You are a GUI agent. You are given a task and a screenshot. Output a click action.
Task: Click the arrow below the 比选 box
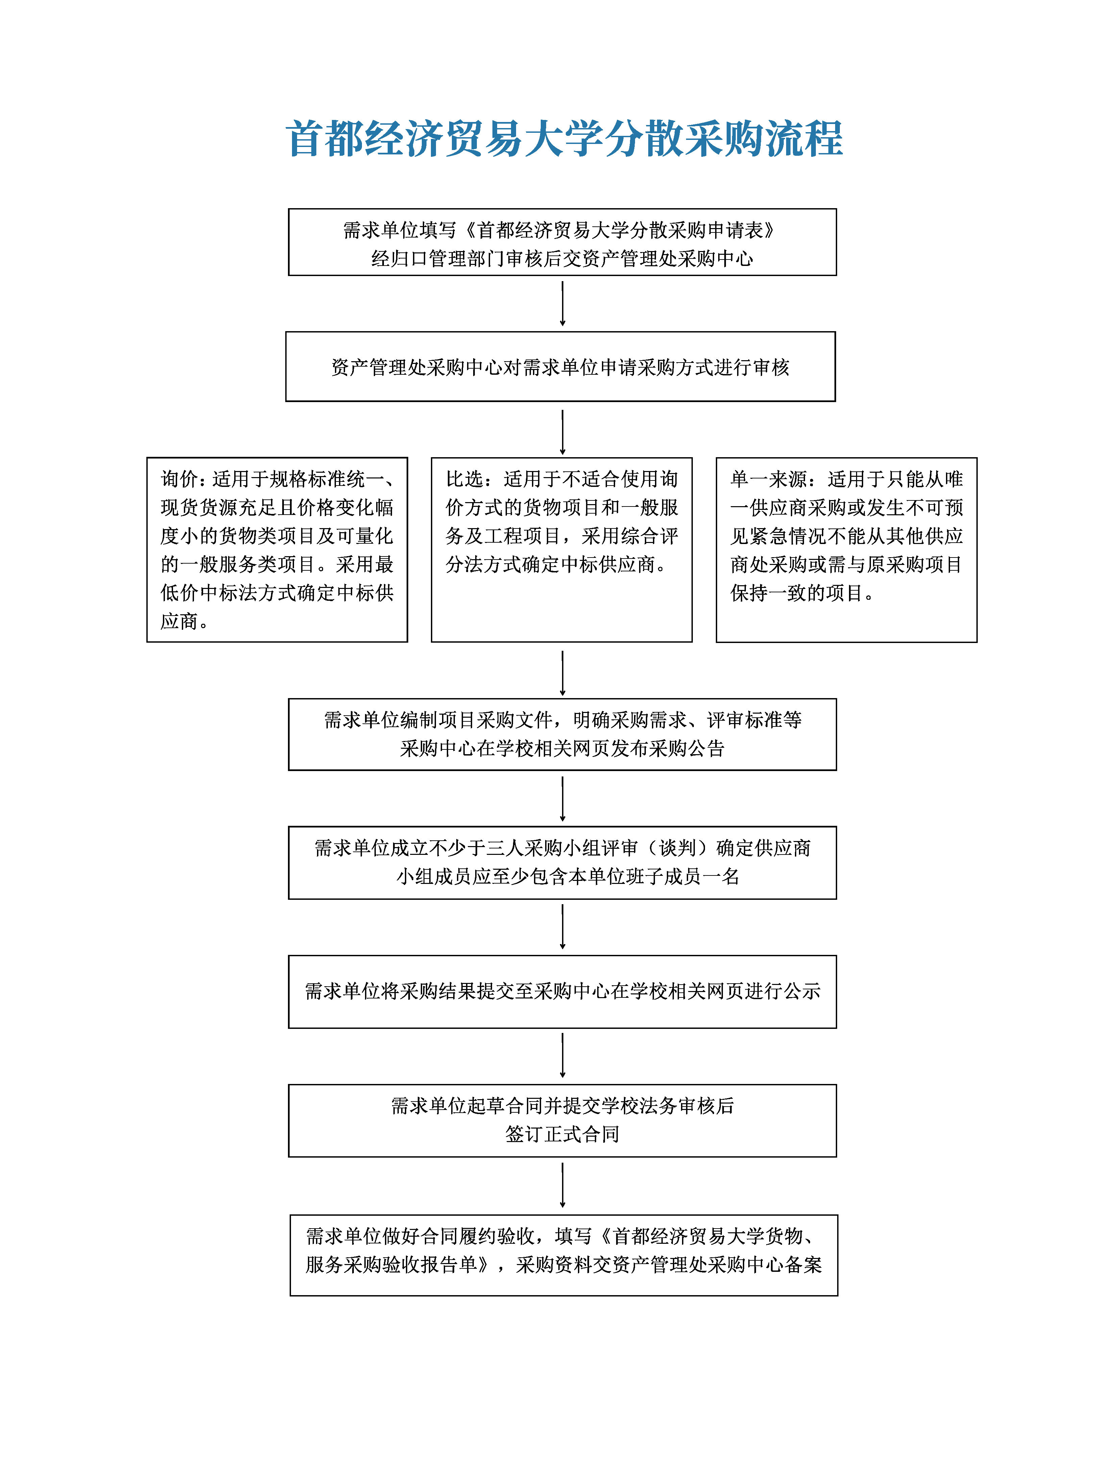[x=562, y=672]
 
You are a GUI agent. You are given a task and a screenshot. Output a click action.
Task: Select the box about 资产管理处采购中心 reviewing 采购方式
[x=560, y=367]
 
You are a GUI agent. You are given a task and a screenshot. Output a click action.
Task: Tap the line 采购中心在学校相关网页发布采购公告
[x=562, y=748]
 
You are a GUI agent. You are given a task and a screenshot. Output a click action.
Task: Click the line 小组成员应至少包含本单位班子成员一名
[x=567, y=876]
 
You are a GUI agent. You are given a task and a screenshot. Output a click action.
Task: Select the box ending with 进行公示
[x=562, y=991]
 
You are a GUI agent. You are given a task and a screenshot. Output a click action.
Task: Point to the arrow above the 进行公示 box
[x=562, y=926]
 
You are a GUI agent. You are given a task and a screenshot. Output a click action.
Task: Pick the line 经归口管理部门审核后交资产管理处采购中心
[x=562, y=259]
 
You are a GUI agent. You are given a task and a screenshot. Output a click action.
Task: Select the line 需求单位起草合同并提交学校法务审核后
[x=562, y=1106]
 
